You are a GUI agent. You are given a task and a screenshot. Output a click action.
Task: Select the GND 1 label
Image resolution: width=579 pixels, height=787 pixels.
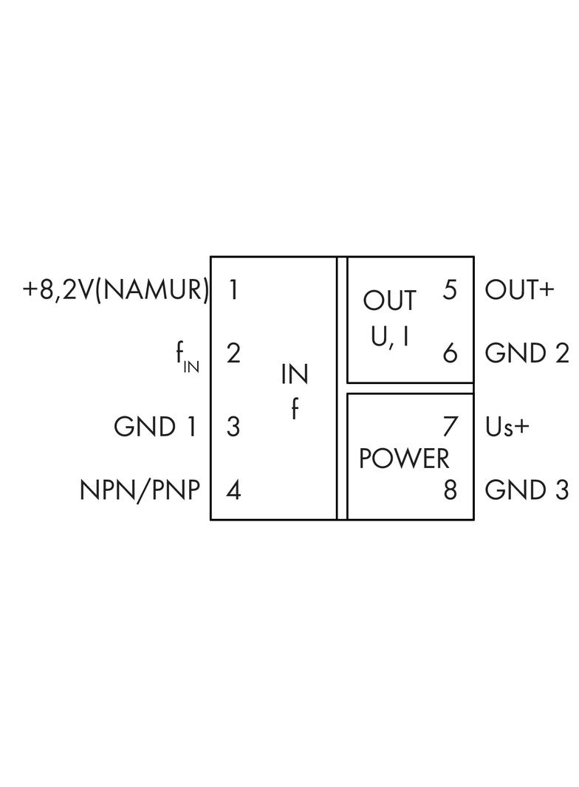coord(156,427)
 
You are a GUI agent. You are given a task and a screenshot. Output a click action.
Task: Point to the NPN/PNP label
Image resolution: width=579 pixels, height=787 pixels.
coord(140,490)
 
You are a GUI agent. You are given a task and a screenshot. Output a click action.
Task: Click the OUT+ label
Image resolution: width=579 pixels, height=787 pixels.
coord(519,289)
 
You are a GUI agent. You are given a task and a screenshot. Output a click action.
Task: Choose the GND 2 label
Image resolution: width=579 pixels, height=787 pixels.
coord(527,354)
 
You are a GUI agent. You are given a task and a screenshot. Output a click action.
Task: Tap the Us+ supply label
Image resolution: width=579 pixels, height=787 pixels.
coord(507,427)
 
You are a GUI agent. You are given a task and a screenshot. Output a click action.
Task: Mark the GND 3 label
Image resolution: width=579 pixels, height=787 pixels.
coord(527,490)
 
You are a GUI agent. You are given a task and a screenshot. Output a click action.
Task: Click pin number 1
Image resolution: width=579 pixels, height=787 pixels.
coord(233,289)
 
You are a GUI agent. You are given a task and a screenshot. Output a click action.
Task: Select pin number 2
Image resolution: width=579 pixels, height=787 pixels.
coord(233,354)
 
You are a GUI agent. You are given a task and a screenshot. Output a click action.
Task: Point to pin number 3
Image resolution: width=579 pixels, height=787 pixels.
coord(233,427)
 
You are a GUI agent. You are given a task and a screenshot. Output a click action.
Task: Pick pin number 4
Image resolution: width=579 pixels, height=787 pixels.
coord(233,490)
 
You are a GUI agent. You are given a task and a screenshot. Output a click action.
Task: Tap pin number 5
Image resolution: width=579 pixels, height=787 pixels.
coord(450,289)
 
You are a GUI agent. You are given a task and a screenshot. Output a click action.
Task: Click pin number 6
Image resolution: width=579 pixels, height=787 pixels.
coord(450,354)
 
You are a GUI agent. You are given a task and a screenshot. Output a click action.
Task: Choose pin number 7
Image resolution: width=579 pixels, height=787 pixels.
coord(450,427)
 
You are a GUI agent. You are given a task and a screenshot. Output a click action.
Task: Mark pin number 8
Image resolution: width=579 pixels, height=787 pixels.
coord(450,490)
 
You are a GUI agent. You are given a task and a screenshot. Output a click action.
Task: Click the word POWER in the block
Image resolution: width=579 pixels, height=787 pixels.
coord(404,458)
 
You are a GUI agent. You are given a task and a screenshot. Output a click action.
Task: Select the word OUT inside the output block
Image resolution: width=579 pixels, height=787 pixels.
coord(389,301)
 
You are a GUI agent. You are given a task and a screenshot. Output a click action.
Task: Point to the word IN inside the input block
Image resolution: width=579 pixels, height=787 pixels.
coord(294,375)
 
